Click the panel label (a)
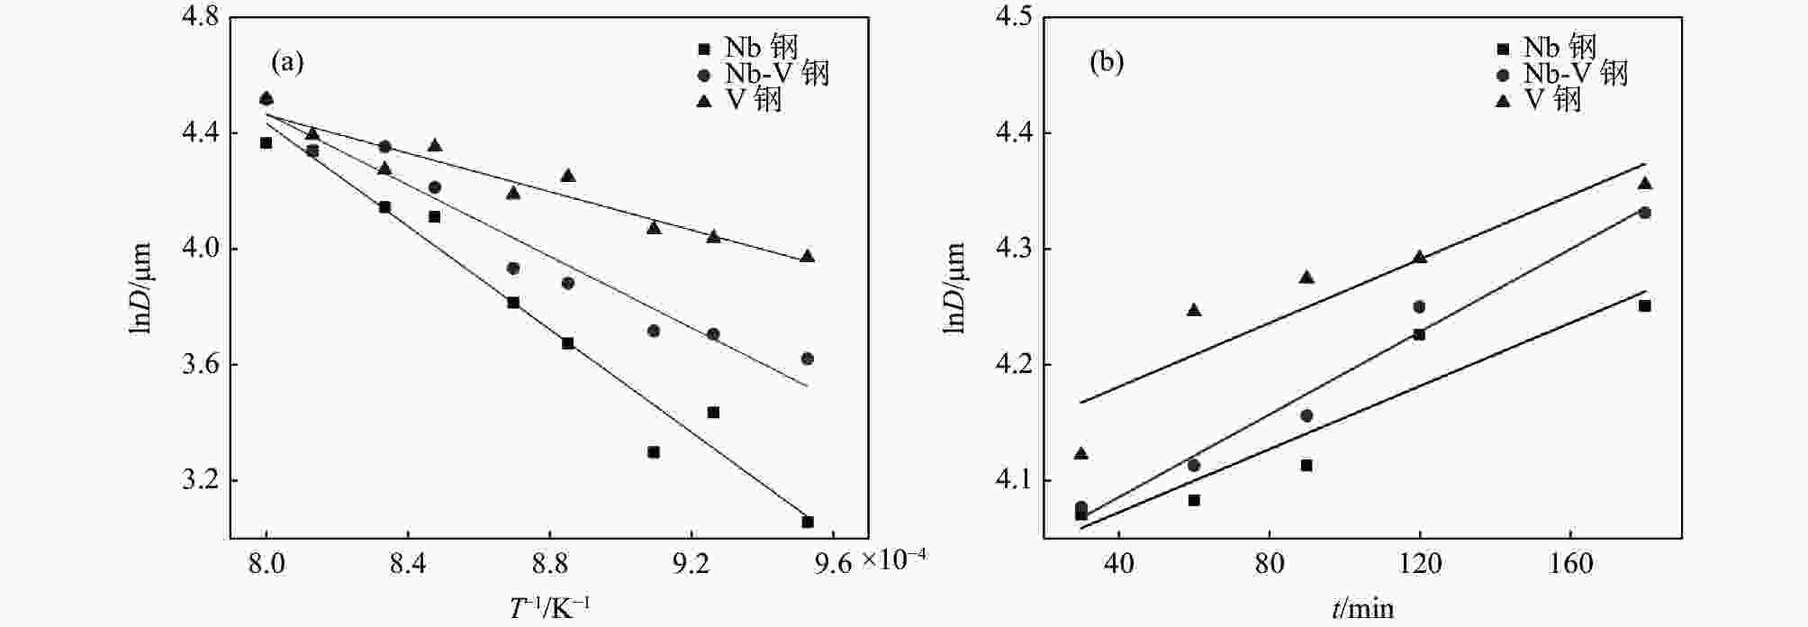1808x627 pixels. pos(287,62)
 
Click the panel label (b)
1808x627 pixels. pos(1107,62)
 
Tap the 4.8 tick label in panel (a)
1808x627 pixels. pos(200,17)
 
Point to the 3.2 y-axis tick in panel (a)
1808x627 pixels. pos(200,481)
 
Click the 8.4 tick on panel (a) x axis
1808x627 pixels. pos(408,564)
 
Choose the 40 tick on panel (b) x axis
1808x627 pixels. pos(1118,564)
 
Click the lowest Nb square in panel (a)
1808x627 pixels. pos(808,522)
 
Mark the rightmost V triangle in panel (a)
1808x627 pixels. pos(808,257)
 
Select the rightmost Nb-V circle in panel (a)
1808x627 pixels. pos(808,359)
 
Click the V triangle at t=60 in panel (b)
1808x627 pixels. pos(1194,310)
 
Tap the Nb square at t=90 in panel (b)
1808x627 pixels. pos(1306,465)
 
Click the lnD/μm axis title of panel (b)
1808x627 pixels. pos(955,288)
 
